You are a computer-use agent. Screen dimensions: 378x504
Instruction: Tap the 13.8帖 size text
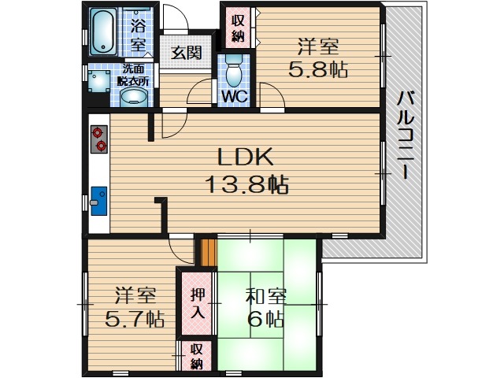246,185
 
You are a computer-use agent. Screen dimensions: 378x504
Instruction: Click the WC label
234,97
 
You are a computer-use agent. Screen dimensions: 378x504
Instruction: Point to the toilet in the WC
233,72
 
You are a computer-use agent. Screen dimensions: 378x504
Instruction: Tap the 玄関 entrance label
187,54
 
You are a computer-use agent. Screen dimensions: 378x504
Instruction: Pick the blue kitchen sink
98,200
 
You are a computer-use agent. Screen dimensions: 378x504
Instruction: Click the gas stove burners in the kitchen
99,139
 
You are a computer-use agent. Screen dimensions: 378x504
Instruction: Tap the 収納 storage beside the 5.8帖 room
238,28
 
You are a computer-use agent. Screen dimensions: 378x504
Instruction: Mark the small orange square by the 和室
208,251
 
